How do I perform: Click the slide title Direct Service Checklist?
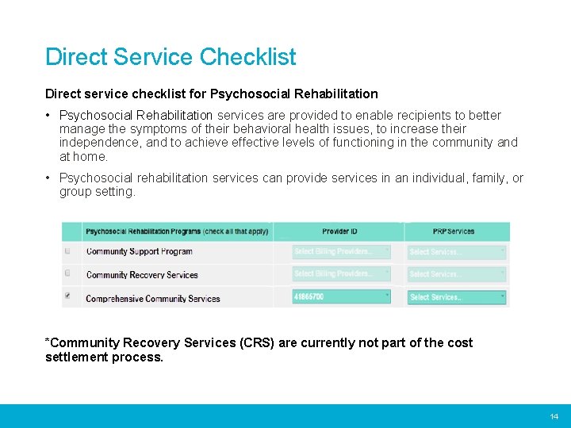click(x=171, y=57)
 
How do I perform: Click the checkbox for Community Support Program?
click(x=67, y=251)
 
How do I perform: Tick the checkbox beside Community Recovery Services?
click(x=67, y=273)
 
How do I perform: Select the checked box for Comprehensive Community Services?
click(x=67, y=296)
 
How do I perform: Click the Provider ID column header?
click(x=339, y=231)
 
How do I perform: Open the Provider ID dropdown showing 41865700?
click(x=342, y=296)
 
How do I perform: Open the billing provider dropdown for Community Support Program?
click(x=342, y=251)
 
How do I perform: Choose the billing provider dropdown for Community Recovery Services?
click(x=342, y=273)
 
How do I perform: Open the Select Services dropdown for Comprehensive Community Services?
click(x=457, y=297)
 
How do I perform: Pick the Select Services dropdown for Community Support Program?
click(x=457, y=251)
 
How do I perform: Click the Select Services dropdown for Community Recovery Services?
click(x=457, y=274)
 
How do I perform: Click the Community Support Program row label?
click(x=140, y=251)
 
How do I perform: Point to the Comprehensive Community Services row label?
click(x=153, y=299)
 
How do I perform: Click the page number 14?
click(x=554, y=417)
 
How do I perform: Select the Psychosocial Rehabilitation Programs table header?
click(x=176, y=231)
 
